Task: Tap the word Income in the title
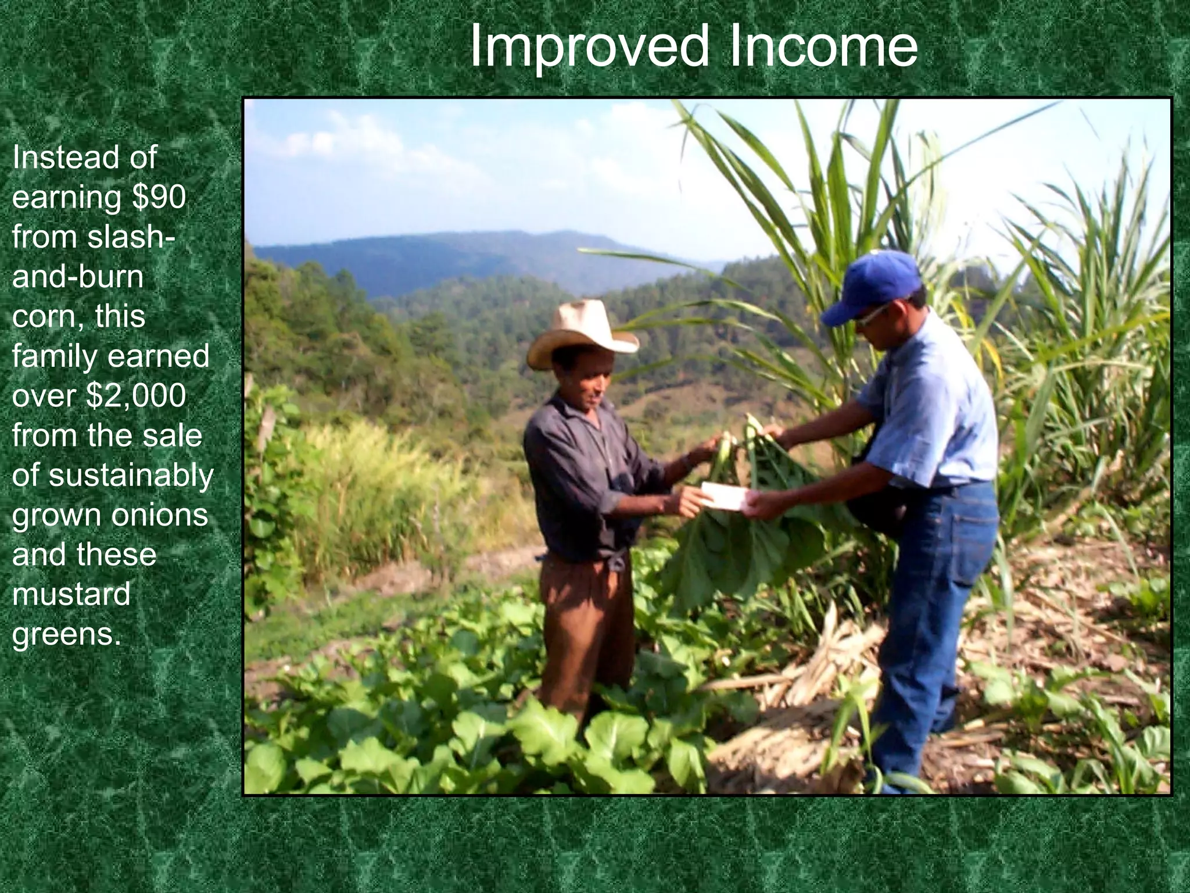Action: point(822,47)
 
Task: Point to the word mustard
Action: point(71,595)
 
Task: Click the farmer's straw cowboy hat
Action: point(581,331)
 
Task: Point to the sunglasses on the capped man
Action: point(872,315)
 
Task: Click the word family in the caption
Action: point(52,356)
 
